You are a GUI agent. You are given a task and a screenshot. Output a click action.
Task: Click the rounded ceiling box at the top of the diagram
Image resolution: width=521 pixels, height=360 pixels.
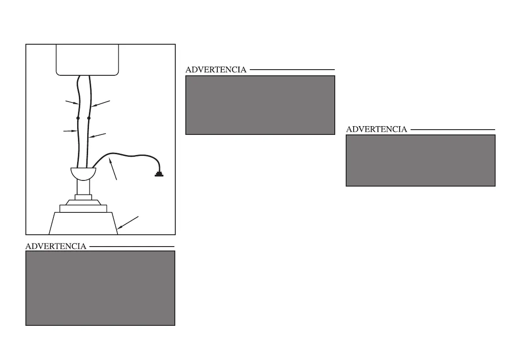87,59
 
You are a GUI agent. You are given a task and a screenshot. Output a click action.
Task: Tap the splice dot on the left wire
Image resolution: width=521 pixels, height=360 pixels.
78,118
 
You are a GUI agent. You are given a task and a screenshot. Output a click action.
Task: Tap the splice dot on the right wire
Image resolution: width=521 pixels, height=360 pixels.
89,118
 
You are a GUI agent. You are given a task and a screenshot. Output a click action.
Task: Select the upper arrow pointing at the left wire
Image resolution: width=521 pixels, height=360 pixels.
71,102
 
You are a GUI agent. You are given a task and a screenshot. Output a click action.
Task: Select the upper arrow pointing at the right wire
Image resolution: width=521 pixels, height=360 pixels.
101,103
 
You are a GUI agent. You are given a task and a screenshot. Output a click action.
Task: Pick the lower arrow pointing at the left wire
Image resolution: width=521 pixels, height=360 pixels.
70,131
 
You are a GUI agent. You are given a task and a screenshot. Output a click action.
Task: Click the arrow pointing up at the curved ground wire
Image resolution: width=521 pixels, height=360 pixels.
113,170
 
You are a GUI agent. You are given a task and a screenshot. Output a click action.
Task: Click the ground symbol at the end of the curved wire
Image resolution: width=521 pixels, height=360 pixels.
159,175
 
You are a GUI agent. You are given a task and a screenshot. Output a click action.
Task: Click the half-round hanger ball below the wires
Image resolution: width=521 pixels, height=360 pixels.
83,173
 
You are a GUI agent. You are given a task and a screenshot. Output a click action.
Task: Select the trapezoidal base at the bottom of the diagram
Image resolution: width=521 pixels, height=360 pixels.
83,223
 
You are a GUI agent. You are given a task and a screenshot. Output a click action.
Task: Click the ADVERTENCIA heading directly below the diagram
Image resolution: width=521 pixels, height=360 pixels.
56,247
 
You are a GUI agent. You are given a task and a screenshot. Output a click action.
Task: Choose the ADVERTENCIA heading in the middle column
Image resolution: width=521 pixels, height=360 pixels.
216,70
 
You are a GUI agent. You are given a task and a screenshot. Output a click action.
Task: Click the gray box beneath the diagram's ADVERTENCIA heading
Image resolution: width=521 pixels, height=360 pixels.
100,288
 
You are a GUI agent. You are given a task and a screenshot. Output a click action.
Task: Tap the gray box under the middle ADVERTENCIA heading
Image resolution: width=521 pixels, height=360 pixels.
260,105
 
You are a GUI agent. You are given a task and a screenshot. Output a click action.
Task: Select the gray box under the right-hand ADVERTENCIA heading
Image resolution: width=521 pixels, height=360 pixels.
421,160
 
